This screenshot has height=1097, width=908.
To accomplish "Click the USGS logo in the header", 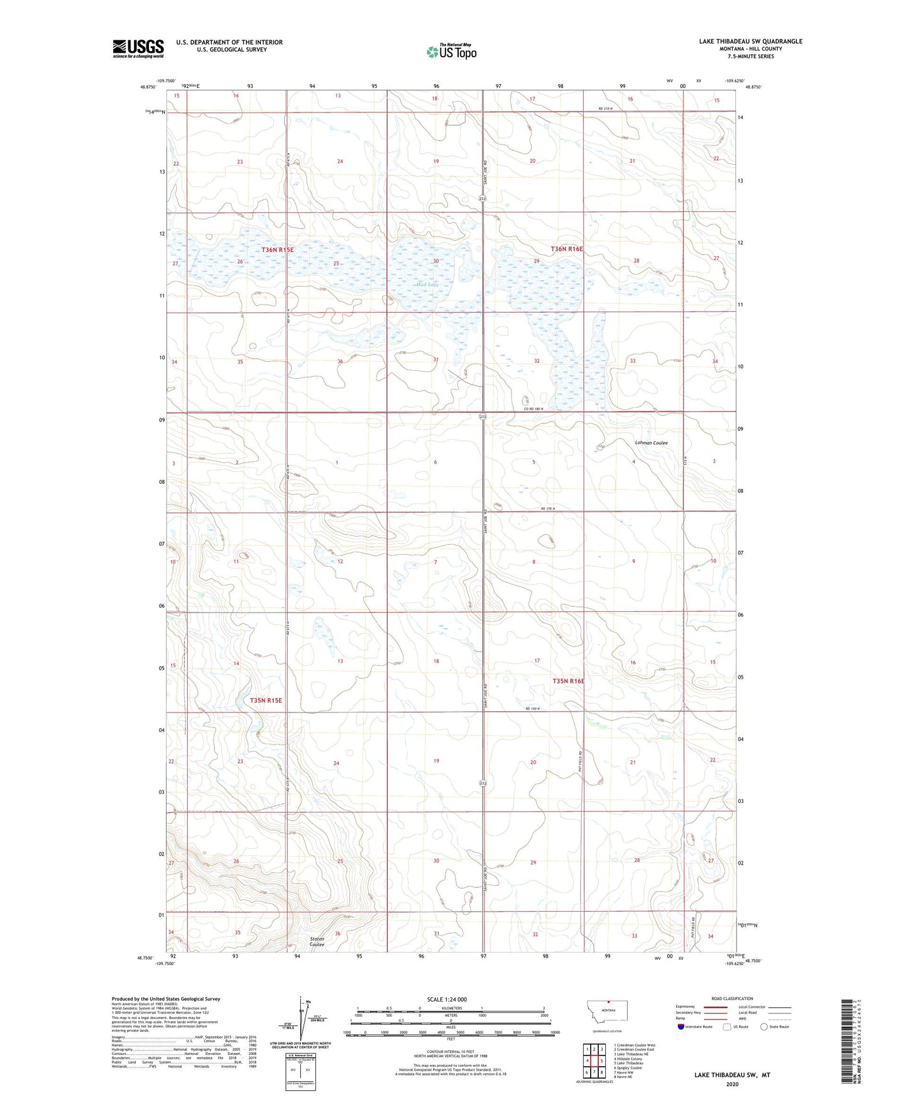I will [x=138, y=48].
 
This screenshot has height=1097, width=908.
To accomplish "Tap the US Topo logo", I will [x=451, y=52].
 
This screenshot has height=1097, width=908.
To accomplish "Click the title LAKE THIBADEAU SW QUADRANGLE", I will [x=750, y=41].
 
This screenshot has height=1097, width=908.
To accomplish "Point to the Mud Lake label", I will [x=429, y=285].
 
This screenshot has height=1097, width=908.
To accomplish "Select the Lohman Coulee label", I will [x=651, y=443].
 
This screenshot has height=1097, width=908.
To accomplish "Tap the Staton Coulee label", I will [x=317, y=942].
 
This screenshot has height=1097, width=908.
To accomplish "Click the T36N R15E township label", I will [x=278, y=250].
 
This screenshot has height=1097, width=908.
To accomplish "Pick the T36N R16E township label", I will [x=567, y=249].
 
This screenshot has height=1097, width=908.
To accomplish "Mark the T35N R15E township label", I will [x=266, y=700].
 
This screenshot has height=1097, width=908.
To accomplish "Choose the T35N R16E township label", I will [x=568, y=681].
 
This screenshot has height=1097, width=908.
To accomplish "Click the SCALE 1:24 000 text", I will [x=447, y=1000].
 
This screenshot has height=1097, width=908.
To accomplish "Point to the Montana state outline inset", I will [x=606, y=1011].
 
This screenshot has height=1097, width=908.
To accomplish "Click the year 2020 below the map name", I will [x=731, y=1084].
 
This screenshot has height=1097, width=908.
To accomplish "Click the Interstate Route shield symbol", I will [x=681, y=1027].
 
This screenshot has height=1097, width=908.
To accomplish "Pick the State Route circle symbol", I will [x=764, y=1027].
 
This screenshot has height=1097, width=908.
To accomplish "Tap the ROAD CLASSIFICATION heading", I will [x=732, y=998].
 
